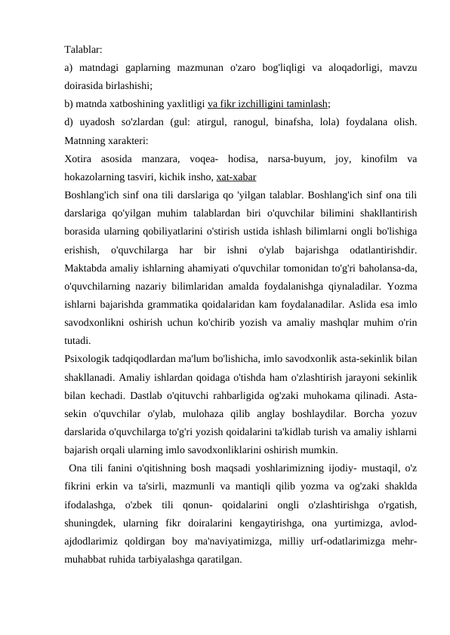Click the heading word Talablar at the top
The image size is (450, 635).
click(x=85, y=48)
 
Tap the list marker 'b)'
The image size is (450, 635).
click(x=69, y=104)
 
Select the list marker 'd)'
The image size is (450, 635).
click(x=69, y=122)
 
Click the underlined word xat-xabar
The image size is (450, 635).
click(x=235, y=178)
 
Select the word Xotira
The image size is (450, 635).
click(x=79, y=159)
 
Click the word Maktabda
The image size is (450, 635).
click(x=87, y=270)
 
